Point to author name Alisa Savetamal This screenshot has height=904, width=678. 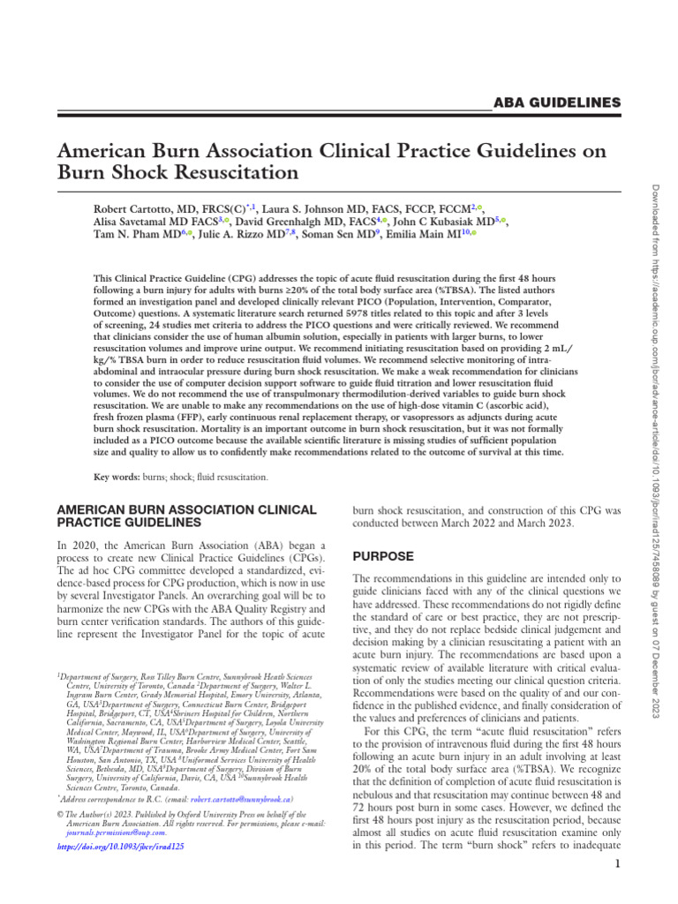coord(132,222)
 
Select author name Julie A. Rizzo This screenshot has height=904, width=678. coord(236,237)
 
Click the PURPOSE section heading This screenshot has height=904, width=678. coord(383,557)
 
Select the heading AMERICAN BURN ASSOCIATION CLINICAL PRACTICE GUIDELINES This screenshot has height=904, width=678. coord(185,516)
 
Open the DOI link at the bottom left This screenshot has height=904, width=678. coord(120,845)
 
